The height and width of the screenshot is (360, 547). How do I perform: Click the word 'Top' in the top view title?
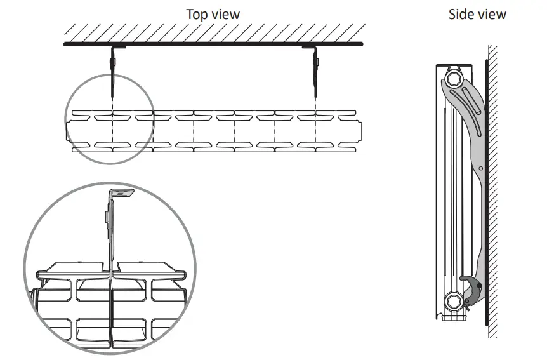[x=197, y=13]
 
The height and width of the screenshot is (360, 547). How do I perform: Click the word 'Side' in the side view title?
[x=461, y=14]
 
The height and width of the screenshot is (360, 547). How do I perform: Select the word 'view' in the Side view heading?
[x=492, y=14]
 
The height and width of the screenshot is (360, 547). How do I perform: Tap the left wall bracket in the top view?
[x=114, y=63]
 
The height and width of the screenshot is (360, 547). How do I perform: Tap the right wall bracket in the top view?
[x=315, y=63]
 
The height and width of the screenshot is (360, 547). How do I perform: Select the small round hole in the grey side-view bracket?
[x=481, y=168]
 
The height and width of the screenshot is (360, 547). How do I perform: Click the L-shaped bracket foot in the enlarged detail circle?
[x=123, y=193]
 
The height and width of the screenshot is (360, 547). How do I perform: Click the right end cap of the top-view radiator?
[x=362, y=133]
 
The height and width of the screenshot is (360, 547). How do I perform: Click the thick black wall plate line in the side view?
[x=485, y=190]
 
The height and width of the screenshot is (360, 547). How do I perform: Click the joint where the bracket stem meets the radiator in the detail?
[x=111, y=274]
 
